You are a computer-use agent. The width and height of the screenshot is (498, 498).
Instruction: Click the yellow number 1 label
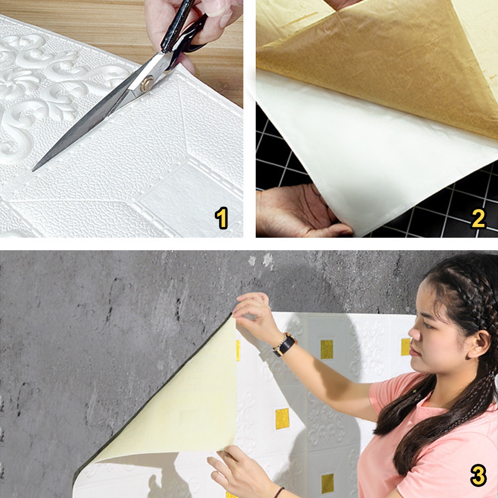tap(221, 218)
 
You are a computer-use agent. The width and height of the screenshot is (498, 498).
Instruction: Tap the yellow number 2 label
tap(479, 218)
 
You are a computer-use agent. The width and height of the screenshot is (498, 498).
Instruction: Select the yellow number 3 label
tap(478, 476)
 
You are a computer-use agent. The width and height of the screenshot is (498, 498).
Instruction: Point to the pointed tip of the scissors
tap(33, 170)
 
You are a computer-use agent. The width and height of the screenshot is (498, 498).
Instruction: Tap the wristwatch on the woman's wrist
tap(285, 344)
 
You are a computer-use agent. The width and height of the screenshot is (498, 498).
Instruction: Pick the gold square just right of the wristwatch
tap(326, 349)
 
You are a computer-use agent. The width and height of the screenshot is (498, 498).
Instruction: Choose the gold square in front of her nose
tap(405, 347)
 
